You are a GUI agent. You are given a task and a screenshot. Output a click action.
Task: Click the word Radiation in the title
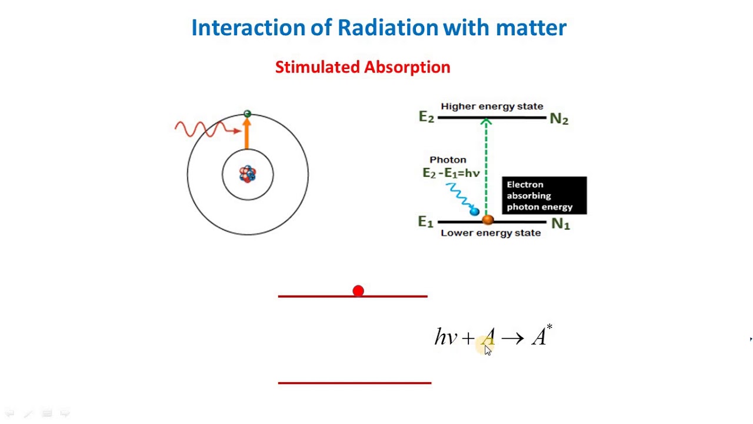click(x=388, y=28)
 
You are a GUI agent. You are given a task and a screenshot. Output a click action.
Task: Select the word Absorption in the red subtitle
click(x=407, y=67)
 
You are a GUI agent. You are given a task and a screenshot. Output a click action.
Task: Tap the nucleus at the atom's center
click(x=248, y=174)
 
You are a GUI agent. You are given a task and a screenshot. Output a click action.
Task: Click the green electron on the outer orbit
click(x=247, y=114)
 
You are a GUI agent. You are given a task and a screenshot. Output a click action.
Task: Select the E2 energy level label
click(x=426, y=117)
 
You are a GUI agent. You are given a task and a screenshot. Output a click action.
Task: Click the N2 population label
click(x=559, y=119)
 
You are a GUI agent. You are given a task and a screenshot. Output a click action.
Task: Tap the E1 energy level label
click(x=425, y=222)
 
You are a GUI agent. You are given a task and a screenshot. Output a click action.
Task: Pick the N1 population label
click(x=560, y=224)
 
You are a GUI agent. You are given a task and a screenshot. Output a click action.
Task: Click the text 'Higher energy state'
click(x=492, y=107)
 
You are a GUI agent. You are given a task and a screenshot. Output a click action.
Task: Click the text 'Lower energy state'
click(x=491, y=233)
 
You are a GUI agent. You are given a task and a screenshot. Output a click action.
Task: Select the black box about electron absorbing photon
click(x=544, y=196)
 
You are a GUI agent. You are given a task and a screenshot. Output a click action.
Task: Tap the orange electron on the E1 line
click(x=488, y=220)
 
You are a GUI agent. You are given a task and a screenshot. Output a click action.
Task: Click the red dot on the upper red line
click(x=358, y=291)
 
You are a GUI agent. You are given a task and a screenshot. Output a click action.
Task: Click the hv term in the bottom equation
click(x=445, y=337)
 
